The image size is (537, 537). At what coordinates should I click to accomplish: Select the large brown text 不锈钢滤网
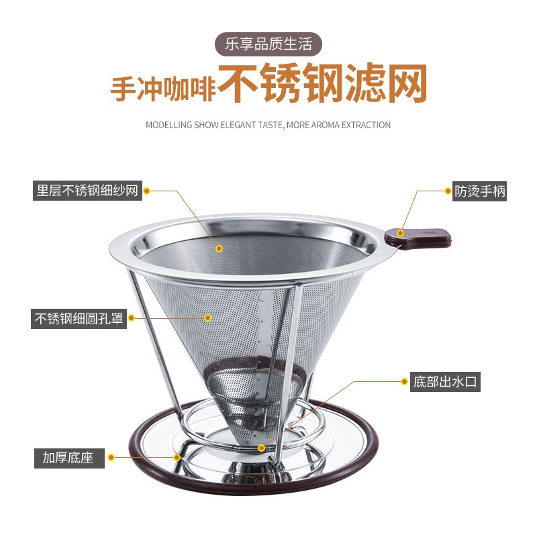coord(322,85)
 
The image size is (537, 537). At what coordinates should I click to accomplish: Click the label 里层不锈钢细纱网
coord(87,191)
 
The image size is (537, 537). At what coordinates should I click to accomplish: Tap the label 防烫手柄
coord(480,191)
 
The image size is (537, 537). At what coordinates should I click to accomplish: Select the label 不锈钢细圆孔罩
coord(79,318)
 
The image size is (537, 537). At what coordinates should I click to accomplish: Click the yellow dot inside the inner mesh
coord(219,248)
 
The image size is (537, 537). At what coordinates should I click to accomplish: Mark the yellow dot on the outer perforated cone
coord(208,318)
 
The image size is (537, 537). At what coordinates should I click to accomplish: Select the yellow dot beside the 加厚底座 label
coord(111,458)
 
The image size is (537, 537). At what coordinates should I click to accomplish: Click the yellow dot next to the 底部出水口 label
coord(405,382)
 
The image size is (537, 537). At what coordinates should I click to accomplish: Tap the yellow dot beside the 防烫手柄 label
coord(448,191)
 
